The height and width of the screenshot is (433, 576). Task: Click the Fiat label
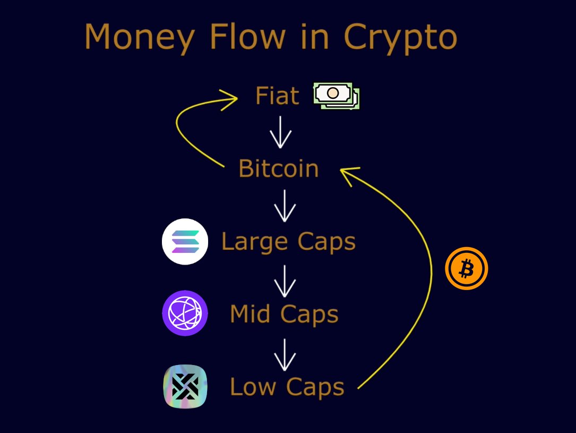[277, 96]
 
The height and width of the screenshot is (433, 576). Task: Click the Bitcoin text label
[279, 169]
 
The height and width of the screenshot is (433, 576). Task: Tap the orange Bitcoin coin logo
[466, 269]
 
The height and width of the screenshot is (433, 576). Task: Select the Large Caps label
[288, 242]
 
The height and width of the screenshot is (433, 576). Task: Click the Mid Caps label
[284, 314]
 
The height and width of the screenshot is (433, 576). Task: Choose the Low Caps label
[287, 387]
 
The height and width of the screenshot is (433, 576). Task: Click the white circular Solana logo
[185, 242]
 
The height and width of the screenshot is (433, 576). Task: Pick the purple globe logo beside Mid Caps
[185, 313]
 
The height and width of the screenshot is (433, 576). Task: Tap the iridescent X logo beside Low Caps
[185, 386]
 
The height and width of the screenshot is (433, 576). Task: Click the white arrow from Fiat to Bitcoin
[281, 132]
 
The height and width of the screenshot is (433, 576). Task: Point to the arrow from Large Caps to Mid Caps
[285, 281]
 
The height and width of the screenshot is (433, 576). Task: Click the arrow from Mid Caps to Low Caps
[285, 354]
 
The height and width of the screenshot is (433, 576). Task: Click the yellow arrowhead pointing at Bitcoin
[348, 174]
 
